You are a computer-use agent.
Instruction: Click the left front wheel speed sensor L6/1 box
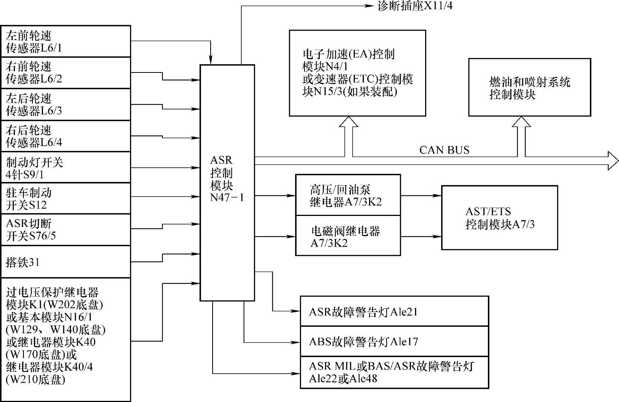point(66,41)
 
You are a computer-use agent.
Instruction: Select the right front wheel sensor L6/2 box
point(66,73)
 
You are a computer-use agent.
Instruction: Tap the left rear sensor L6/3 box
point(66,105)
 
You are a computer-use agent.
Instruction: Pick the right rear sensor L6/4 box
point(66,136)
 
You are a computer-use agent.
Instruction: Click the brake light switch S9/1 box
point(66,167)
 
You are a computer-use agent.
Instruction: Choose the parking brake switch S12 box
point(66,198)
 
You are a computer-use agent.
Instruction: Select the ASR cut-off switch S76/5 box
point(66,229)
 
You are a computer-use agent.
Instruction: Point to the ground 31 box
point(66,262)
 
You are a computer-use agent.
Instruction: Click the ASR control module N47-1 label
point(227,179)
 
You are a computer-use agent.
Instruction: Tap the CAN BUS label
point(444,150)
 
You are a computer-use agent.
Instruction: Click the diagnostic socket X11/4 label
point(415,6)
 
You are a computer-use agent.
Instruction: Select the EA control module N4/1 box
point(358,73)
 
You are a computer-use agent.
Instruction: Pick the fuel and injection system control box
point(529,87)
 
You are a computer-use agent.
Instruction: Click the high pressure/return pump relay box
point(348,195)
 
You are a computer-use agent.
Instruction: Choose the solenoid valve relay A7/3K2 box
point(348,236)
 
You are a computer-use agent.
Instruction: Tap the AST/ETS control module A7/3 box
point(499,217)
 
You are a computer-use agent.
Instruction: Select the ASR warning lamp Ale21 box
point(394,312)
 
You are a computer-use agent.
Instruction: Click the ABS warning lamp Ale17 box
point(394,341)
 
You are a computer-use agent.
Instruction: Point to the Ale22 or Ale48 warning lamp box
point(394,372)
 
